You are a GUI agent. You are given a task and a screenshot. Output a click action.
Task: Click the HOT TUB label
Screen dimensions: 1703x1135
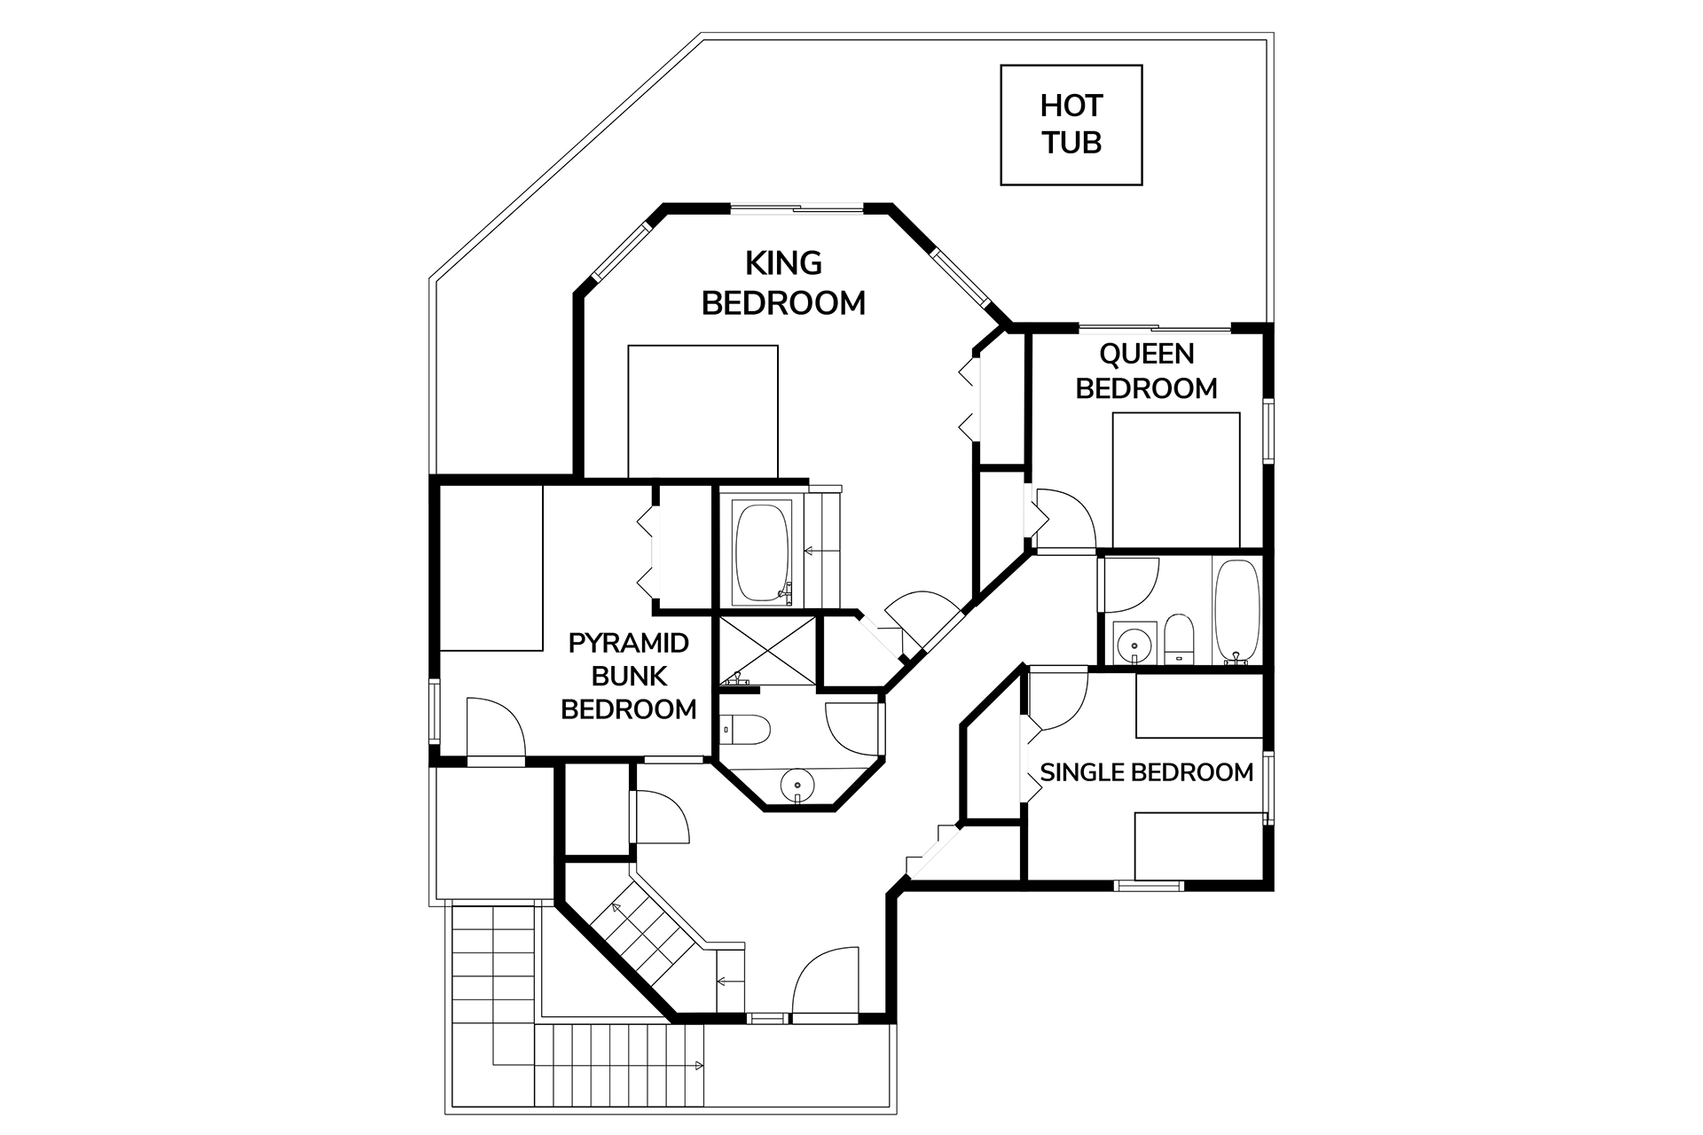pos(1071,124)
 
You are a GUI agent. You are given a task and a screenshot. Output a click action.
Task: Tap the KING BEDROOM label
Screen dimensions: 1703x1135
pos(783,283)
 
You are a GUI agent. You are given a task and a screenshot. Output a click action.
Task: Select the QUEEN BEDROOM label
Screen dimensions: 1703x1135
pos(1146,371)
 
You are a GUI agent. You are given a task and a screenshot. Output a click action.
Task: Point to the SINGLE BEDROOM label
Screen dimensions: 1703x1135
pos(1146,772)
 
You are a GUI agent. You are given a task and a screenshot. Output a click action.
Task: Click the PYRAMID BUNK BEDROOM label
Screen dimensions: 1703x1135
pos(629,676)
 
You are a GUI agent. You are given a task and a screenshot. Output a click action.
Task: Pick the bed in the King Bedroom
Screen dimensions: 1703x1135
pos(702,412)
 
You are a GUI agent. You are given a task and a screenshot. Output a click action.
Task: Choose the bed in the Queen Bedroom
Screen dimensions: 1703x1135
pos(1176,480)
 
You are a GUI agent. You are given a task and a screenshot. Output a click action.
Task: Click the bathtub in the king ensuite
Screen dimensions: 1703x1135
pos(762,552)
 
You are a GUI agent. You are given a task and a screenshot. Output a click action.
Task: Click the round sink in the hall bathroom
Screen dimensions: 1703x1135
pos(1132,645)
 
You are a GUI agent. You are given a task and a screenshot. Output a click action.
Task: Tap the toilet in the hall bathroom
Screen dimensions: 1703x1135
pos(1180,638)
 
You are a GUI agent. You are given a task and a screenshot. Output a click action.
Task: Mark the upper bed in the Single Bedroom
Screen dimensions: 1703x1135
pos(1199,706)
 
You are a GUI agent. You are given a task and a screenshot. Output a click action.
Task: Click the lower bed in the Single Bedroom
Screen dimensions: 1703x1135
pos(1199,846)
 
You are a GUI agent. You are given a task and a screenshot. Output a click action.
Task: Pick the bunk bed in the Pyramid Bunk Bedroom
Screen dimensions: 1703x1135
pos(490,568)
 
